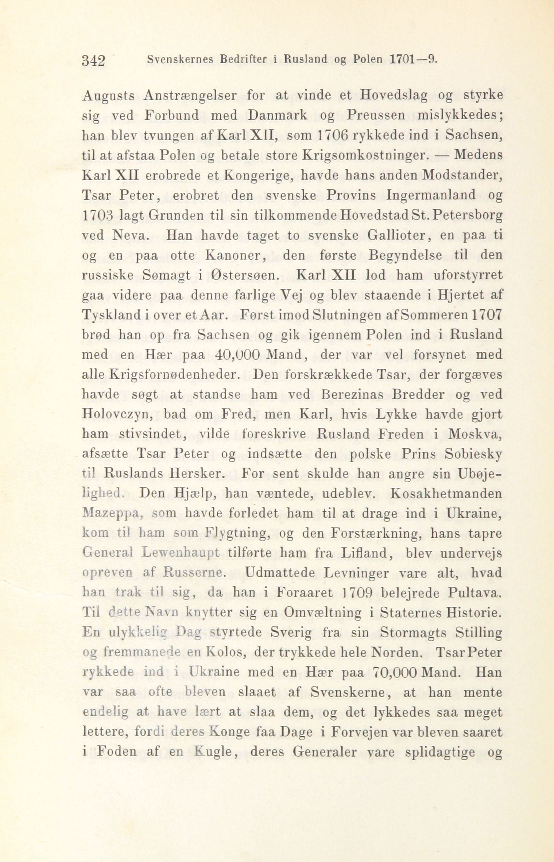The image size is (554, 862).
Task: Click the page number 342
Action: (94, 59)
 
